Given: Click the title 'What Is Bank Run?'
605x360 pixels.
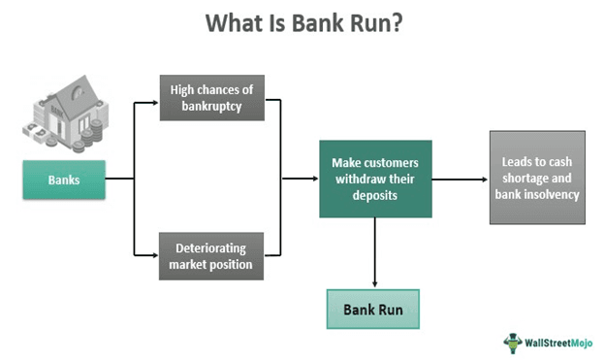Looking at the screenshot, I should point(302,23).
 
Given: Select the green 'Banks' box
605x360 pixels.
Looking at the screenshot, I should point(63,180).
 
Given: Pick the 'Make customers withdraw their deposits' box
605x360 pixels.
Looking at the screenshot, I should point(374,179).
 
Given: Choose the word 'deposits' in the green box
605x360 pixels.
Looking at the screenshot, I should point(374,194).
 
